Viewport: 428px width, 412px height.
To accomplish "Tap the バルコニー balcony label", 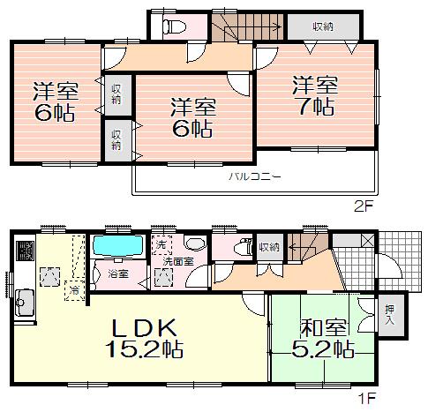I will pyautogui.click(x=255, y=176).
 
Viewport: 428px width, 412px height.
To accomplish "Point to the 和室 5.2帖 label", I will pyautogui.click(x=316, y=336).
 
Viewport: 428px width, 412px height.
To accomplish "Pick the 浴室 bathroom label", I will pyautogui.click(x=118, y=274).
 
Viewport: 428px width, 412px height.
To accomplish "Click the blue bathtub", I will pyautogui.click(x=119, y=244).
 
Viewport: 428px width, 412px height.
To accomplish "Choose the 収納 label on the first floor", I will pyautogui.click(x=269, y=246).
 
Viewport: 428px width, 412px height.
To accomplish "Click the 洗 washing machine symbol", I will pyautogui.click(x=161, y=244).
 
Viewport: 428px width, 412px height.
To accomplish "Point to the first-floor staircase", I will pyautogui.click(x=308, y=247).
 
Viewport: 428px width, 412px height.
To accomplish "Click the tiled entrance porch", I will pyautogui.click(x=370, y=259).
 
